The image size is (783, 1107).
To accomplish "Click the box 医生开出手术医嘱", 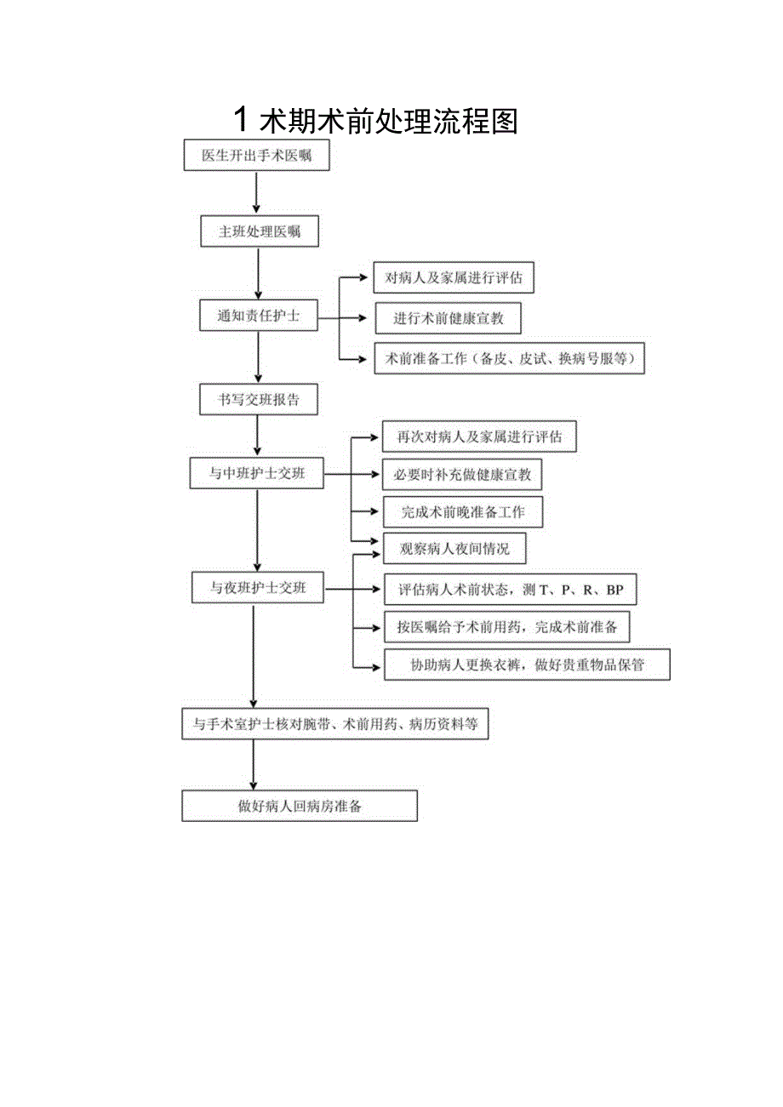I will tap(256, 157).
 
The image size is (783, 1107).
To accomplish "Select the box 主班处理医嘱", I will tap(260, 231).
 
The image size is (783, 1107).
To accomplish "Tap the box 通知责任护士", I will tap(258, 317).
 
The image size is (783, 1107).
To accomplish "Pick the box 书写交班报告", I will tap(259, 400).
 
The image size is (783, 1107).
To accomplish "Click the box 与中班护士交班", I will tap(257, 474).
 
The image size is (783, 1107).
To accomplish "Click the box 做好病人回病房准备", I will tap(300, 806).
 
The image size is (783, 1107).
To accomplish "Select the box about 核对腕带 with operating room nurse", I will tap(335, 725).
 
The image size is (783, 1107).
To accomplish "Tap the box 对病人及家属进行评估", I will tap(454, 277).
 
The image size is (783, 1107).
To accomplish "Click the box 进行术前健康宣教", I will tap(448, 318).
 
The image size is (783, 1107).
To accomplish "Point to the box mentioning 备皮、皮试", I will tap(510, 359).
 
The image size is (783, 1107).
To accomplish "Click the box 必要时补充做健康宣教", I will tap(462, 475).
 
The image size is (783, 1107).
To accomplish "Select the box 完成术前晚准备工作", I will tap(463, 512).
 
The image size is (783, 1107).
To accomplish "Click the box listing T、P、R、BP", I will tap(510, 590).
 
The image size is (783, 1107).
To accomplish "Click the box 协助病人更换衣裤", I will tap(527, 665).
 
